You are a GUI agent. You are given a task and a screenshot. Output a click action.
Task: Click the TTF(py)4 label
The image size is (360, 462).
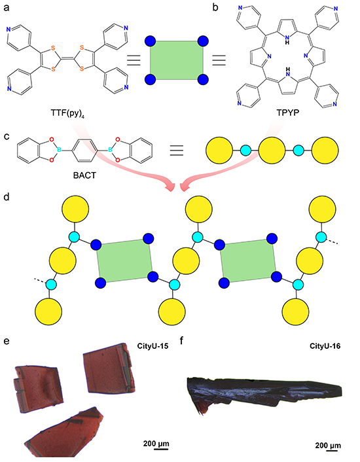pos(66,113)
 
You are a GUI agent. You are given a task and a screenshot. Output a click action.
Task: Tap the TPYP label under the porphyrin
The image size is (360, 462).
pos(287,113)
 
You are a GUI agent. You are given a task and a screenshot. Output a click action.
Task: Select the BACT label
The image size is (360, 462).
pos(84,175)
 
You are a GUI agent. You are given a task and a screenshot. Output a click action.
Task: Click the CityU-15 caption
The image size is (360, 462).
pos(153,346)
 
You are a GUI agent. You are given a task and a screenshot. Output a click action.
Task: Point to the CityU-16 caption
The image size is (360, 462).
pos(325,346)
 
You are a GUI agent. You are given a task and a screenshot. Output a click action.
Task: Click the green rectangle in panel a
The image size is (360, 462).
pos(177,60)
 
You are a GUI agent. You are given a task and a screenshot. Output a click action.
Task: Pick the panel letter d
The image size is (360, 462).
pos(6,197)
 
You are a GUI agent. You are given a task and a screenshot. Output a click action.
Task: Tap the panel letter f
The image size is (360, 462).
pos(182,341)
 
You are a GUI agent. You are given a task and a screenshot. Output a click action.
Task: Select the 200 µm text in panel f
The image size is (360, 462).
pos(328,445)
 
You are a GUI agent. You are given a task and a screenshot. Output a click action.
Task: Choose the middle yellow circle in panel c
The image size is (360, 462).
pos(272,151)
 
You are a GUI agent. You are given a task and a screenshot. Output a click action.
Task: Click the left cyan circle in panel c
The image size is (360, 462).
pos(245,151)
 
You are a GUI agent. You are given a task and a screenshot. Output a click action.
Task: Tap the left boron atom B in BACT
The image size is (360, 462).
pos(59,151)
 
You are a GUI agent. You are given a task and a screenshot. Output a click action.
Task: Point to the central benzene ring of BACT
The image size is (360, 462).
pos(84,151)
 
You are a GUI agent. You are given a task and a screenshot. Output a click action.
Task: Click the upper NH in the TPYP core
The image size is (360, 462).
pos(287,39)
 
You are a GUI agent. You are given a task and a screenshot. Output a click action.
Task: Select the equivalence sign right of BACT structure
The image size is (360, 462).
pos(177,151)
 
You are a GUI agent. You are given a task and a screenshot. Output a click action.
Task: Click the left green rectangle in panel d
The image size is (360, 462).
pos(125,261)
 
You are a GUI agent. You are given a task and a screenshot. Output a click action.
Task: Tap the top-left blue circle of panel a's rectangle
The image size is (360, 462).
pos(151,41)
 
